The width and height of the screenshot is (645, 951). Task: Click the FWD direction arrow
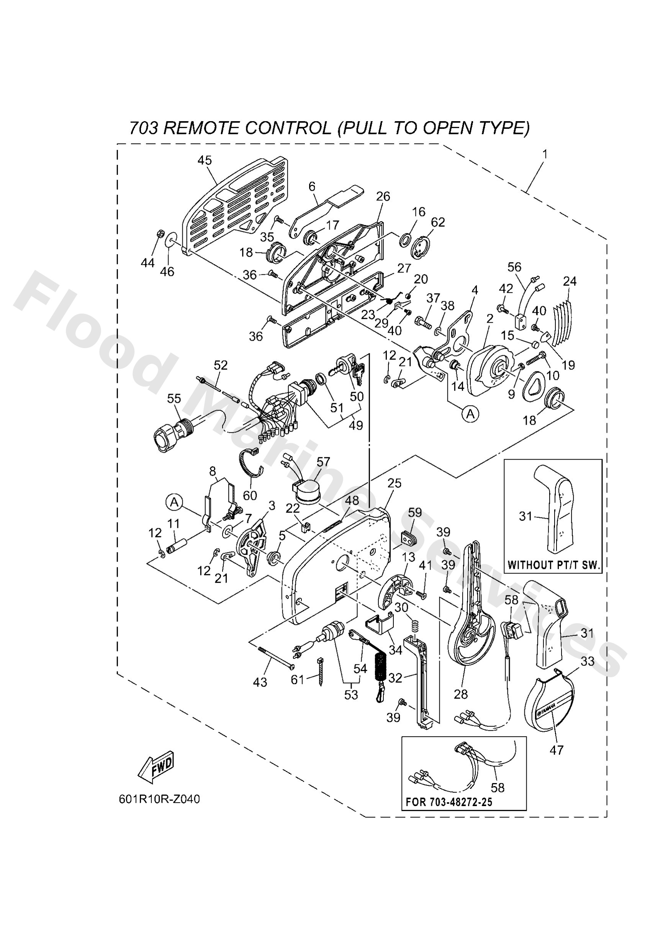pos(156,767)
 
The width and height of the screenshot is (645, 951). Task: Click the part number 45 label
pos(205,160)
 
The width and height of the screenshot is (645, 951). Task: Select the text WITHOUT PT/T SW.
pos(553,565)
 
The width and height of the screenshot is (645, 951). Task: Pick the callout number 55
pos(174,398)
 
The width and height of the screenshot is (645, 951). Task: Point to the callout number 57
pos(323,462)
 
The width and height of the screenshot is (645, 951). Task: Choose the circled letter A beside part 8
pos(174,502)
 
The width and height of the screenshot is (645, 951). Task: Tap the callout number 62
pos(438,222)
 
